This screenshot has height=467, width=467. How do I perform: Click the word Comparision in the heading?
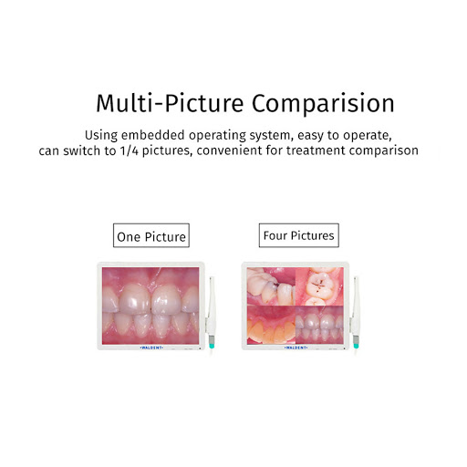coord(319,101)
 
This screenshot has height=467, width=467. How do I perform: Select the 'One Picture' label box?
coord(151,237)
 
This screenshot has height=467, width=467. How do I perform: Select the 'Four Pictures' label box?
coord(298,235)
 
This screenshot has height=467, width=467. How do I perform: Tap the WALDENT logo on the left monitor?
coord(150,348)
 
